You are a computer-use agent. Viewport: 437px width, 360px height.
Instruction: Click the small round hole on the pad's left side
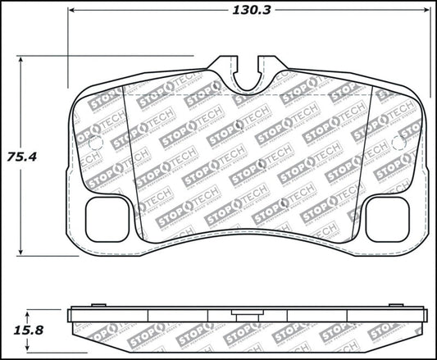pyautogui.click(x=93, y=144)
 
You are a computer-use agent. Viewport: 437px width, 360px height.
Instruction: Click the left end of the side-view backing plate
pyautogui.click(x=71, y=313)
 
